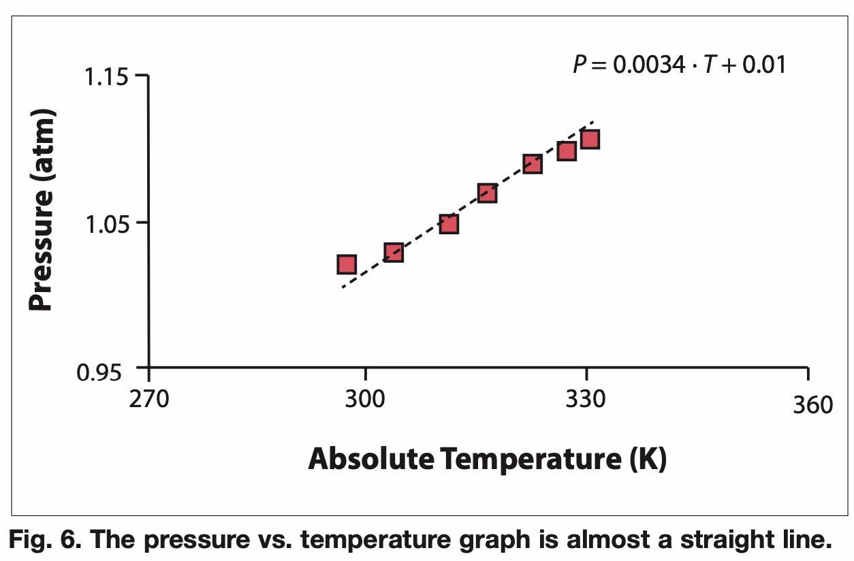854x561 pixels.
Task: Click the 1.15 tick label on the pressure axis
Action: [106, 76]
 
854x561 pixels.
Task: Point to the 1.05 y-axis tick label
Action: [106, 223]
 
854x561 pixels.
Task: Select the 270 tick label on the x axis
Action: [148, 400]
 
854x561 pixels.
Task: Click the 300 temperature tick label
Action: [366, 400]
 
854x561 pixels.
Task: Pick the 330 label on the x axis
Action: [586, 400]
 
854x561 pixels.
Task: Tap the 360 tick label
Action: [812, 404]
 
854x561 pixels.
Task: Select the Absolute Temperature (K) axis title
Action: [488, 460]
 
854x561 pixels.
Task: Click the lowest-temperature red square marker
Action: [347, 264]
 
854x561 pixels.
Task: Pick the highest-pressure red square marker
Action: [590, 140]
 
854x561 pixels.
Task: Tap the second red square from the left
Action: [394, 253]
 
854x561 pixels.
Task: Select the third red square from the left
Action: [448, 224]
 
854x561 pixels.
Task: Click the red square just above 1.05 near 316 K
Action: [486, 193]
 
